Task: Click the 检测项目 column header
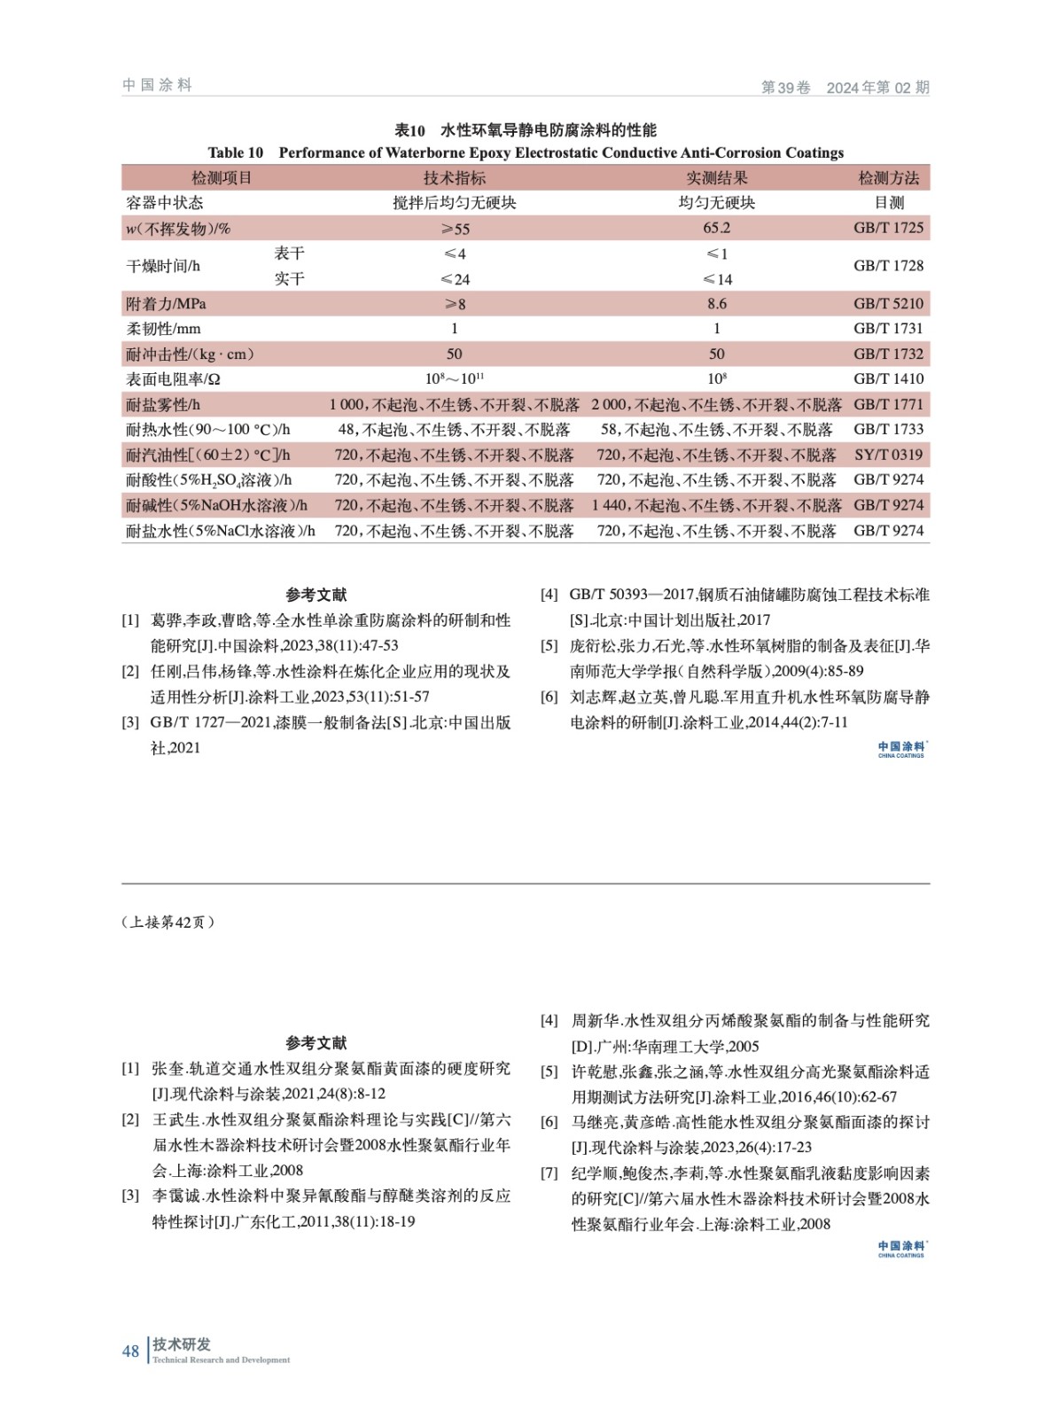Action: (x=222, y=178)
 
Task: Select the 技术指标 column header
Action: (x=454, y=178)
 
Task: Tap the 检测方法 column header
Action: (x=888, y=178)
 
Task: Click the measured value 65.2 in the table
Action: (x=716, y=228)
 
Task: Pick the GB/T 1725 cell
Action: (x=888, y=228)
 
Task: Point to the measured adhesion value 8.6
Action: (x=716, y=304)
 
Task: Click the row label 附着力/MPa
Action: (x=166, y=304)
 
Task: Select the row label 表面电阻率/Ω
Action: (x=173, y=379)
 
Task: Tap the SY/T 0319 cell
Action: (x=888, y=455)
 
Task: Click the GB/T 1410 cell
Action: (x=888, y=379)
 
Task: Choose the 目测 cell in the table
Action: (x=888, y=203)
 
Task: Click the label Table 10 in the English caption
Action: (x=235, y=152)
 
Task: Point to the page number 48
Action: (x=130, y=1351)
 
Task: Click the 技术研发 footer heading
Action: (x=182, y=1344)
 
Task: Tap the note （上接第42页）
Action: (x=168, y=922)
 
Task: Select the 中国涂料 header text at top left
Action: (x=157, y=85)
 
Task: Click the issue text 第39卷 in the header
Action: (x=785, y=87)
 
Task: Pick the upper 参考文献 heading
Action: (x=316, y=595)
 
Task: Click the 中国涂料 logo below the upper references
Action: (x=901, y=749)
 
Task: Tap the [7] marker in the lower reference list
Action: (x=549, y=1173)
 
